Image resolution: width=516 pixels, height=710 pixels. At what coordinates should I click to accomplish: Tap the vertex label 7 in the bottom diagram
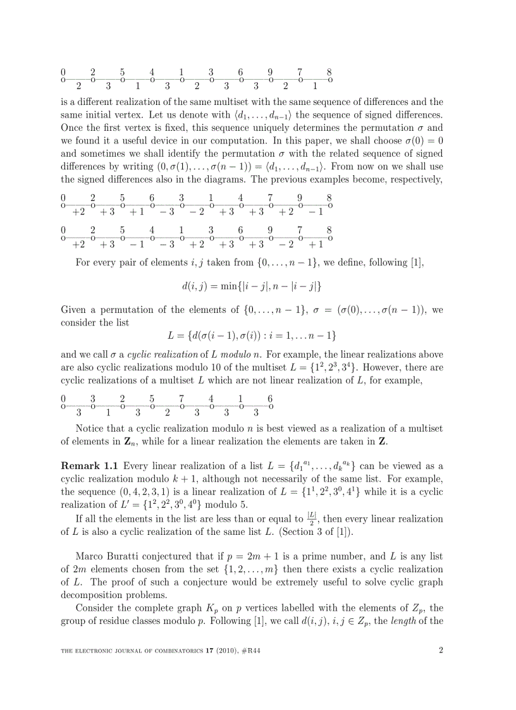pos(181,399)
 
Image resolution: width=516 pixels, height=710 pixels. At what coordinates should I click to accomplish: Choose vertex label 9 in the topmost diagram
pos(270,72)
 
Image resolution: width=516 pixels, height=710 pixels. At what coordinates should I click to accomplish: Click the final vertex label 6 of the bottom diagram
pos(270,399)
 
